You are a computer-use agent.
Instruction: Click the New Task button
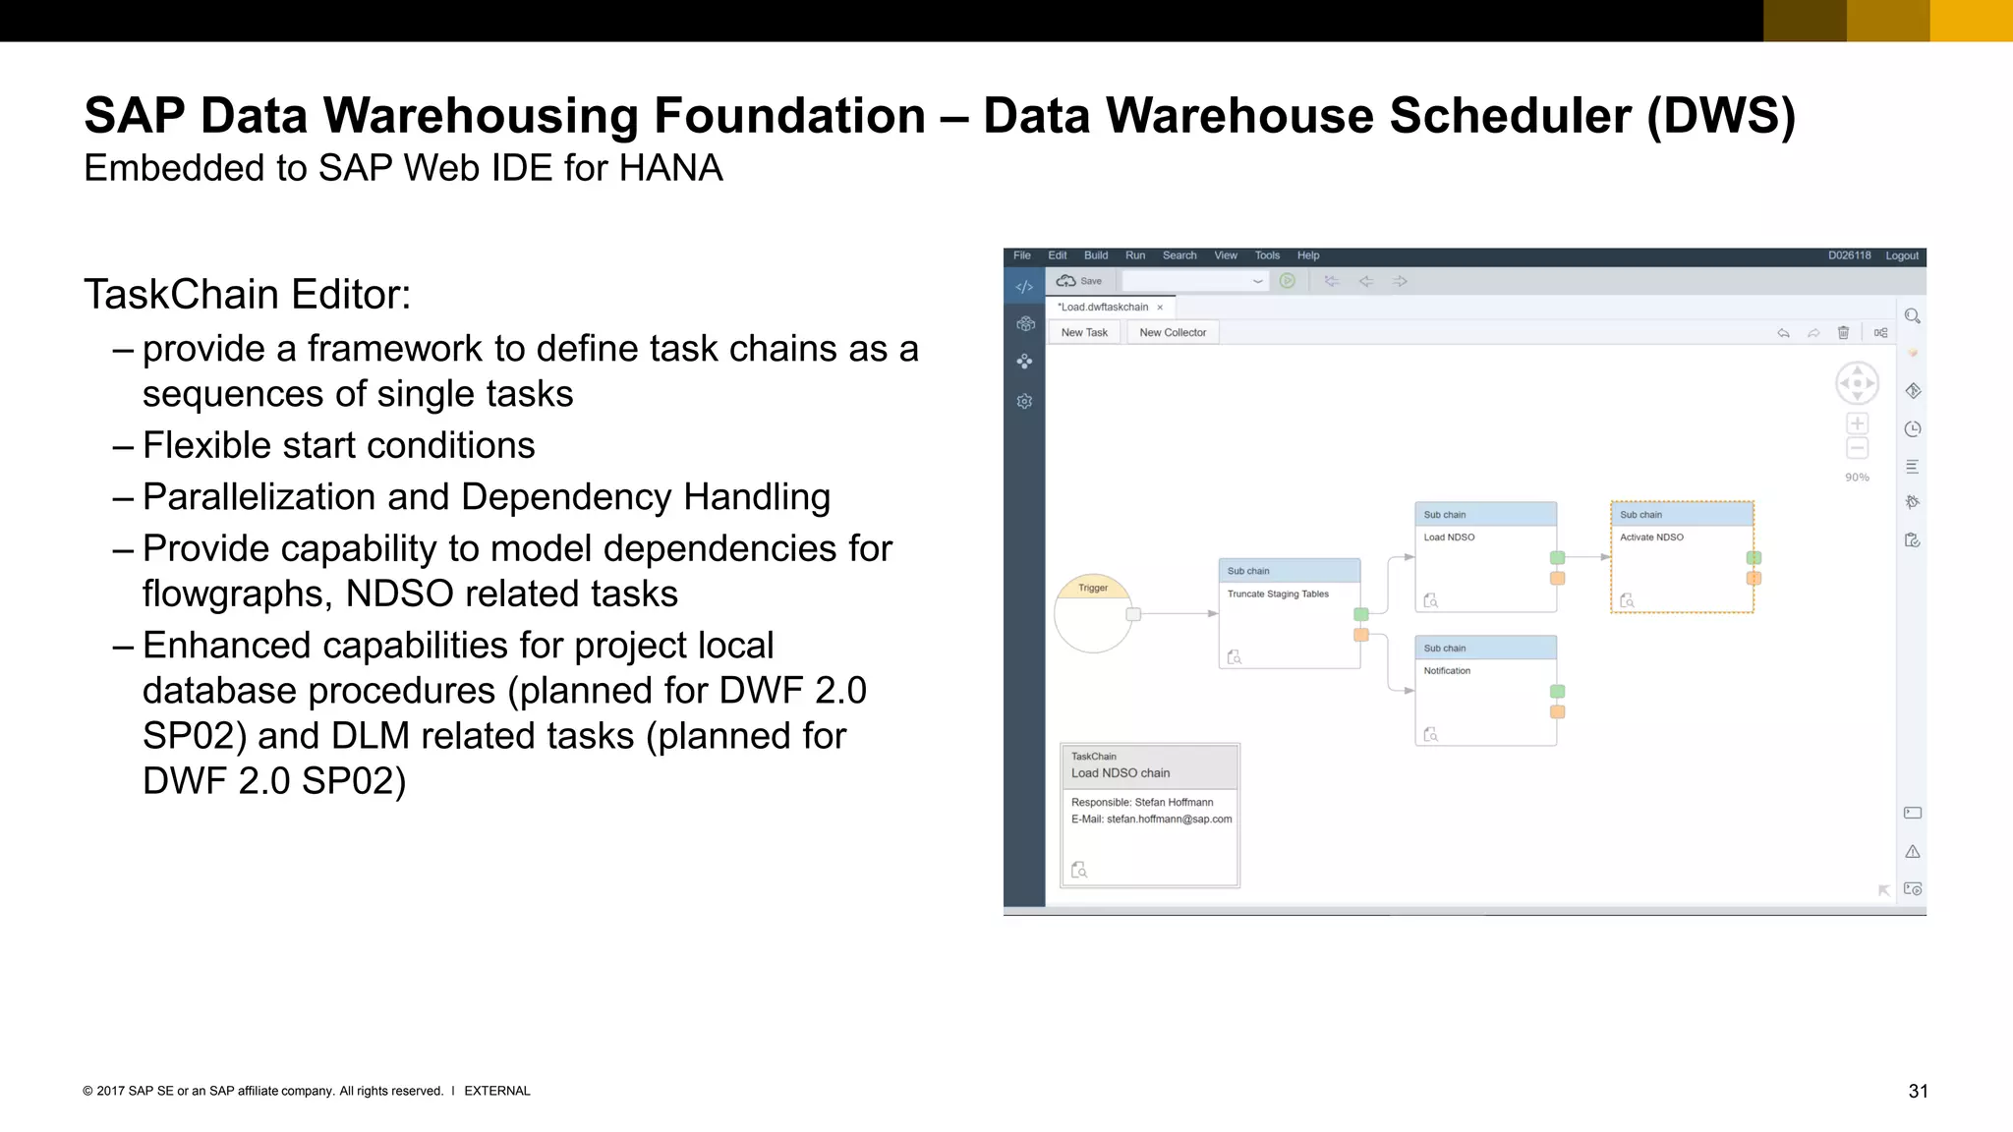pyautogui.click(x=1084, y=332)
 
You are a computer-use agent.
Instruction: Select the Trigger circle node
pyautogui.click(x=1092, y=613)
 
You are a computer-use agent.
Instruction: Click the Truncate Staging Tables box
pyautogui.click(x=1289, y=614)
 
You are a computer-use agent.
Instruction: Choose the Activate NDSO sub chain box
pyautogui.click(x=1681, y=557)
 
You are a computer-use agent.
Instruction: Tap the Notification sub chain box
pyautogui.click(x=1485, y=691)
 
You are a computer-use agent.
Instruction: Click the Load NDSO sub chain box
pyautogui.click(x=1485, y=557)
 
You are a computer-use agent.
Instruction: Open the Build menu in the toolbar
pyautogui.click(x=1095, y=255)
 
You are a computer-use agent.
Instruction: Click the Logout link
pyautogui.click(x=1901, y=255)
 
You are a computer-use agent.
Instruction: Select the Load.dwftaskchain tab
pyautogui.click(x=1103, y=307)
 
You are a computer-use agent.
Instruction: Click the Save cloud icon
pyautogui.click(x=1065, y=281)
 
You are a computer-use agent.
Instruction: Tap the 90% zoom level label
pyautogui.click(x=1857, y=478)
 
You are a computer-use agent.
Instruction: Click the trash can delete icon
pyautogui.click(x=1843, y=333)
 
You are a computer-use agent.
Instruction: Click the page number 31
pyautogui.click(x=1918, y=1091)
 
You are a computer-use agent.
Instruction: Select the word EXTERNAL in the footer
pyautogui.click(x=496, y=1091)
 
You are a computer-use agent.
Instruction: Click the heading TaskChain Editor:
pyautogui.click(x=247, y=295)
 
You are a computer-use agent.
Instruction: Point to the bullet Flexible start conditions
pyautogui.click(x=338, y=445)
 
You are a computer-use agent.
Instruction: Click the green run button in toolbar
pyautogui.click(x=1287, y=281)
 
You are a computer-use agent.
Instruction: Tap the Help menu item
pyautogui.click(x=1307, y=255)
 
